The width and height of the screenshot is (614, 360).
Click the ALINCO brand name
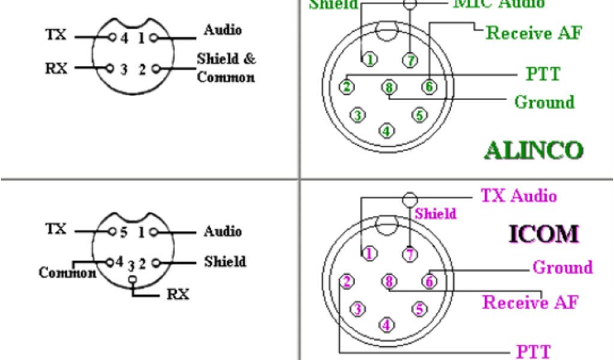[533, 149]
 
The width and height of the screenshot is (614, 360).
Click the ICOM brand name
[544, 233]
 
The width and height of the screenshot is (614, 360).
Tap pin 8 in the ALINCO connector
[389, 88]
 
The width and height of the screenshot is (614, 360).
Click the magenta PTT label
[533, 351]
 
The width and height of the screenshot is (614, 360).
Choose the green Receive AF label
[534, 32]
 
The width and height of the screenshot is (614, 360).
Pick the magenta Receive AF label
[530, 302]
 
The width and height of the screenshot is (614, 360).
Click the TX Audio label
[519, 196]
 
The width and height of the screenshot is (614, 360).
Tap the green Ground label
[544, 101]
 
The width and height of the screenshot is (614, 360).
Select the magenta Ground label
[562, 267]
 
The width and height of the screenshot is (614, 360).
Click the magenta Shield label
[435, 214]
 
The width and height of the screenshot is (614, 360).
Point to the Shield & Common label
[226, 68]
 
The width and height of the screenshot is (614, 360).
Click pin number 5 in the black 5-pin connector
[123, 232]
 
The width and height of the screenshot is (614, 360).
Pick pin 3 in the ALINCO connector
[358, 115]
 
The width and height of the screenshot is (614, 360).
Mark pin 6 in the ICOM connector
[429, 281]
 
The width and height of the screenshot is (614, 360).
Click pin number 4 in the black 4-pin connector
[124, 37]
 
